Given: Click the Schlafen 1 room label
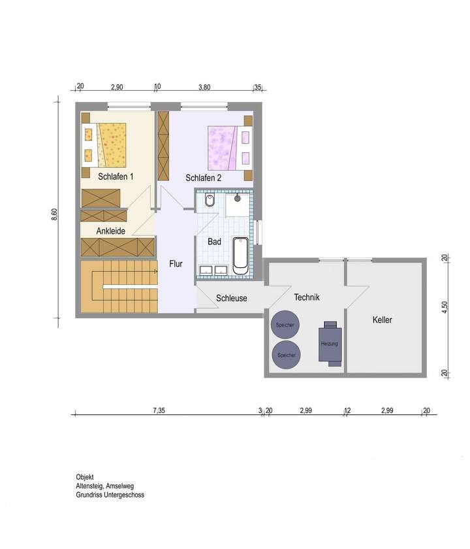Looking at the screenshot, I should tap(116, 177).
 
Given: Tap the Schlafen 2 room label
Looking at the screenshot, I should tap(203, 178).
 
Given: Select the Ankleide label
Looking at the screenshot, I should tap(110, 231).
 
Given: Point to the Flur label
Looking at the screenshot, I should tap(176, 264).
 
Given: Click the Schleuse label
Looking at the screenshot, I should tap(231, 298).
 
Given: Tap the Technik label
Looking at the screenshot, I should tap(306, 297).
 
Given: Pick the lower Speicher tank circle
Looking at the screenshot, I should tap(286, 355).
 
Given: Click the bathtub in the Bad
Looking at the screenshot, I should tap(241, 256).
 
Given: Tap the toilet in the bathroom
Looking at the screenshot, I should tap(210, 201).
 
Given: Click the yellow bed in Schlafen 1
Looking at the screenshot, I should tap(108, 144).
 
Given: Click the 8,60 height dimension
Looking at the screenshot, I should tap(55, 214).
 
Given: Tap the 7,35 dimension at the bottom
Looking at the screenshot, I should tap(159, 410).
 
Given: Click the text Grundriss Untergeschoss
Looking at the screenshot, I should tap(110, 495).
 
